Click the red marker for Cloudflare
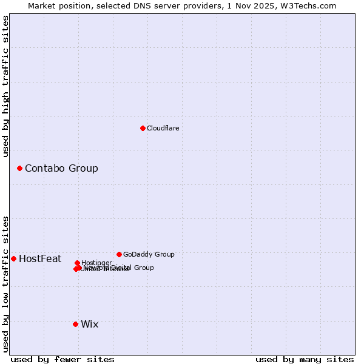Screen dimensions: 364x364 143,128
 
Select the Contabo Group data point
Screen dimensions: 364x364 19,168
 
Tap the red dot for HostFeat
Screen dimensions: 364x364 13,258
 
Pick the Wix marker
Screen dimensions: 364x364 75,324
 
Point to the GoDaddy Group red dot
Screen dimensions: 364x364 119,254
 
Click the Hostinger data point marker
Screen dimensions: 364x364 77,263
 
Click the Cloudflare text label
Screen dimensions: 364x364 163,128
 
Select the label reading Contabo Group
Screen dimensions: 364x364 61,168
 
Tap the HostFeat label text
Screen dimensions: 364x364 40,259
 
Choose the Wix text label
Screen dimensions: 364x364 89,324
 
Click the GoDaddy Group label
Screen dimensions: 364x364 149,254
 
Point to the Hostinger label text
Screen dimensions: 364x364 96,263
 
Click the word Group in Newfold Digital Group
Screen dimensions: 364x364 143,268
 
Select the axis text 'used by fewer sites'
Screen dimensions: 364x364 62,360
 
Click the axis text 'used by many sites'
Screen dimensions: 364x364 305,360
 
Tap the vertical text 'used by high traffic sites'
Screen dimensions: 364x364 5,87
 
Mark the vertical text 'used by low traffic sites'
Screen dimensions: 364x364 5,283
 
